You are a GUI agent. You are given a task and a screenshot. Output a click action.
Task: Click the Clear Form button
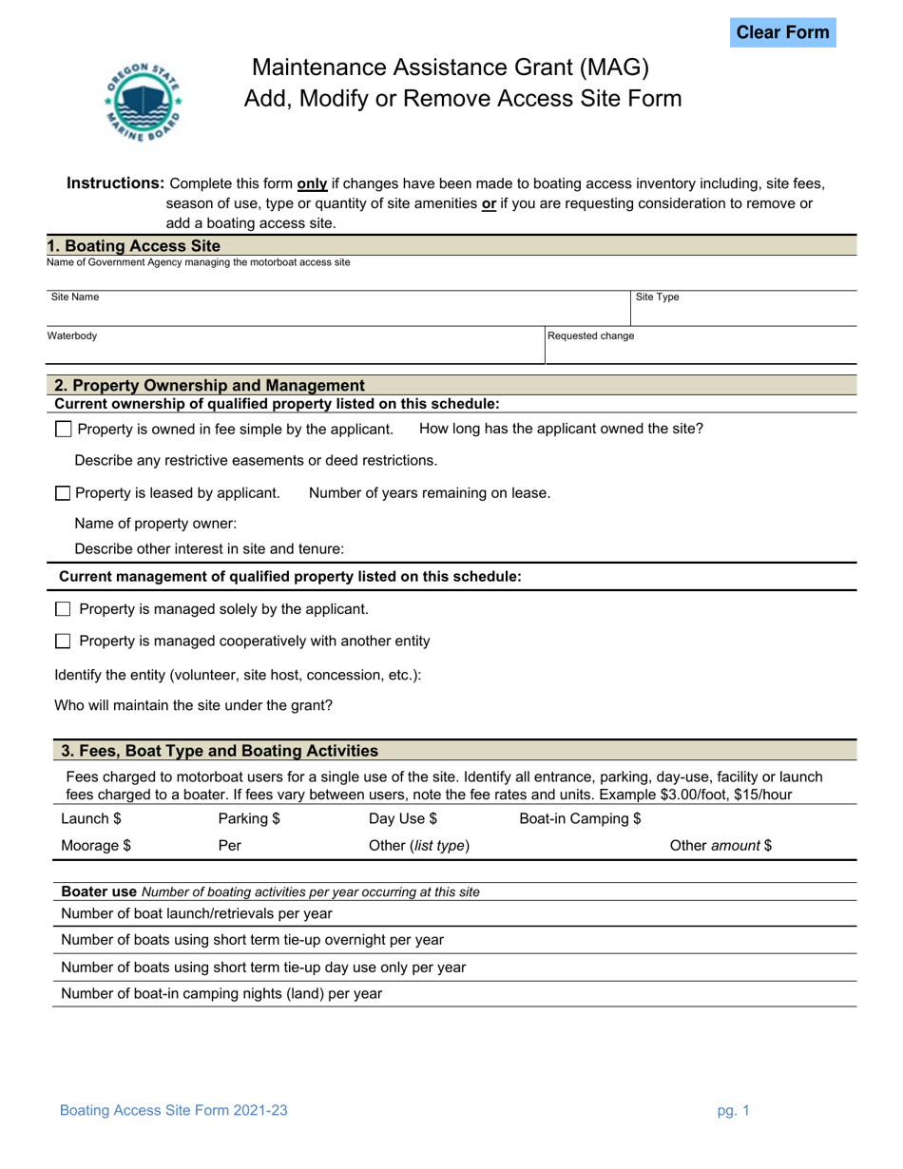pos(783,32)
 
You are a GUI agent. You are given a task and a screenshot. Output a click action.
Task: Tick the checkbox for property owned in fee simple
pos(64,430)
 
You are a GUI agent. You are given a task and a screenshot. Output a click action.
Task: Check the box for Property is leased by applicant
pos(63,493)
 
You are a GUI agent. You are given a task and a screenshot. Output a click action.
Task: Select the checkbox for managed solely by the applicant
pos(64,609)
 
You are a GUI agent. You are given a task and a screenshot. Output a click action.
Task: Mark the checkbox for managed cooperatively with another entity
pos(64,642)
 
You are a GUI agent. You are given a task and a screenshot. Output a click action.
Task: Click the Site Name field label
pos(74,297)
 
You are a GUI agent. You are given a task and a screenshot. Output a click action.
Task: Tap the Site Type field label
pos(657,297)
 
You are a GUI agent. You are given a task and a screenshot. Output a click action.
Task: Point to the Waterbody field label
pos(71,335)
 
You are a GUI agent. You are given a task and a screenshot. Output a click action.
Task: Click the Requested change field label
pos(590,335)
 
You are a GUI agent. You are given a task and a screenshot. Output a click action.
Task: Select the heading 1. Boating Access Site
pos(133,245)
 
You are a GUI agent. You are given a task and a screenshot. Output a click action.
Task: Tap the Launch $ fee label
pos(91,818)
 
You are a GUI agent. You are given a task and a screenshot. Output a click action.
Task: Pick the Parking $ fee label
pos(249,818)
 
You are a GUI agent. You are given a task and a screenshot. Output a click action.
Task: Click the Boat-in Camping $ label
pos(580,818)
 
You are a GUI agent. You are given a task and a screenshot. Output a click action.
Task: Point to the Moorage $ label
pos(96,844)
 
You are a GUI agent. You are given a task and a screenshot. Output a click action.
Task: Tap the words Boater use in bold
pos(98,891)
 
